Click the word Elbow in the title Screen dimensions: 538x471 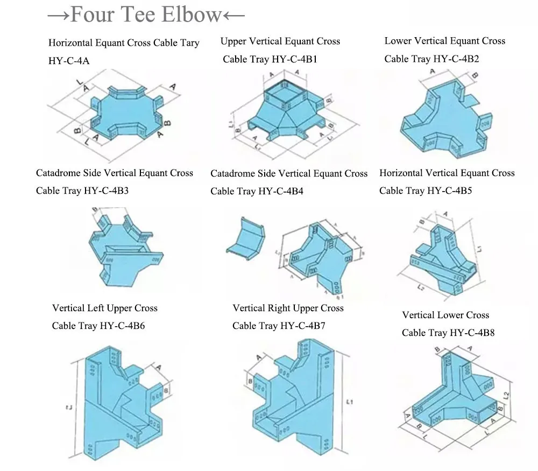click(x=191, y=15)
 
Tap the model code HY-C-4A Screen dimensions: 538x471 click(x=69, y=61)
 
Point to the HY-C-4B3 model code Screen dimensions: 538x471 click(x=107, y=191)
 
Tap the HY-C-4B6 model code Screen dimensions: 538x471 click(x=122, y=326)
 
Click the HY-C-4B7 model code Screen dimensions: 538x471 click(x=302, y=326)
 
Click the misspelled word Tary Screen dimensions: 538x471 click(x=189, y=43)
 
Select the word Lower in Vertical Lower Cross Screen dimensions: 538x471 click(x=451, y=315)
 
